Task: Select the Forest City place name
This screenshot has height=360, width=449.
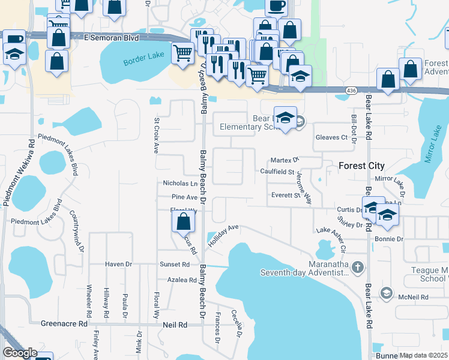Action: pyautogui.click(x=361, y=166)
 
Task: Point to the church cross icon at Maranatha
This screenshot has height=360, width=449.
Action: pyautogui.click(x=358, y=266)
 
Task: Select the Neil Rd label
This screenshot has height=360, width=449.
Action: pyautogui.click(x=175, y=325)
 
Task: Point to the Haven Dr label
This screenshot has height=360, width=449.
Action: pyautogui.click(x=118, y=264)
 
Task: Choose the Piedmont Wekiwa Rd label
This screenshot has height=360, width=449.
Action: pyautogui.click(x=18, y=175)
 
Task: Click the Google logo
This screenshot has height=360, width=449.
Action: pyautogui.click(x=20, y=353)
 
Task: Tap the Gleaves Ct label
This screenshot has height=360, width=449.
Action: pyautogui.click(x=332, y=137)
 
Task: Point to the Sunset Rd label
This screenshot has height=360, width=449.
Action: pyautogui.click(x=175, y=264)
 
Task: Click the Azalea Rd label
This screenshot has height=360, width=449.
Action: pyautogui.click(x=182, y=280)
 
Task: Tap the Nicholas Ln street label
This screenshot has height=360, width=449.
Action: pyautogui.click(x=180, y=184)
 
